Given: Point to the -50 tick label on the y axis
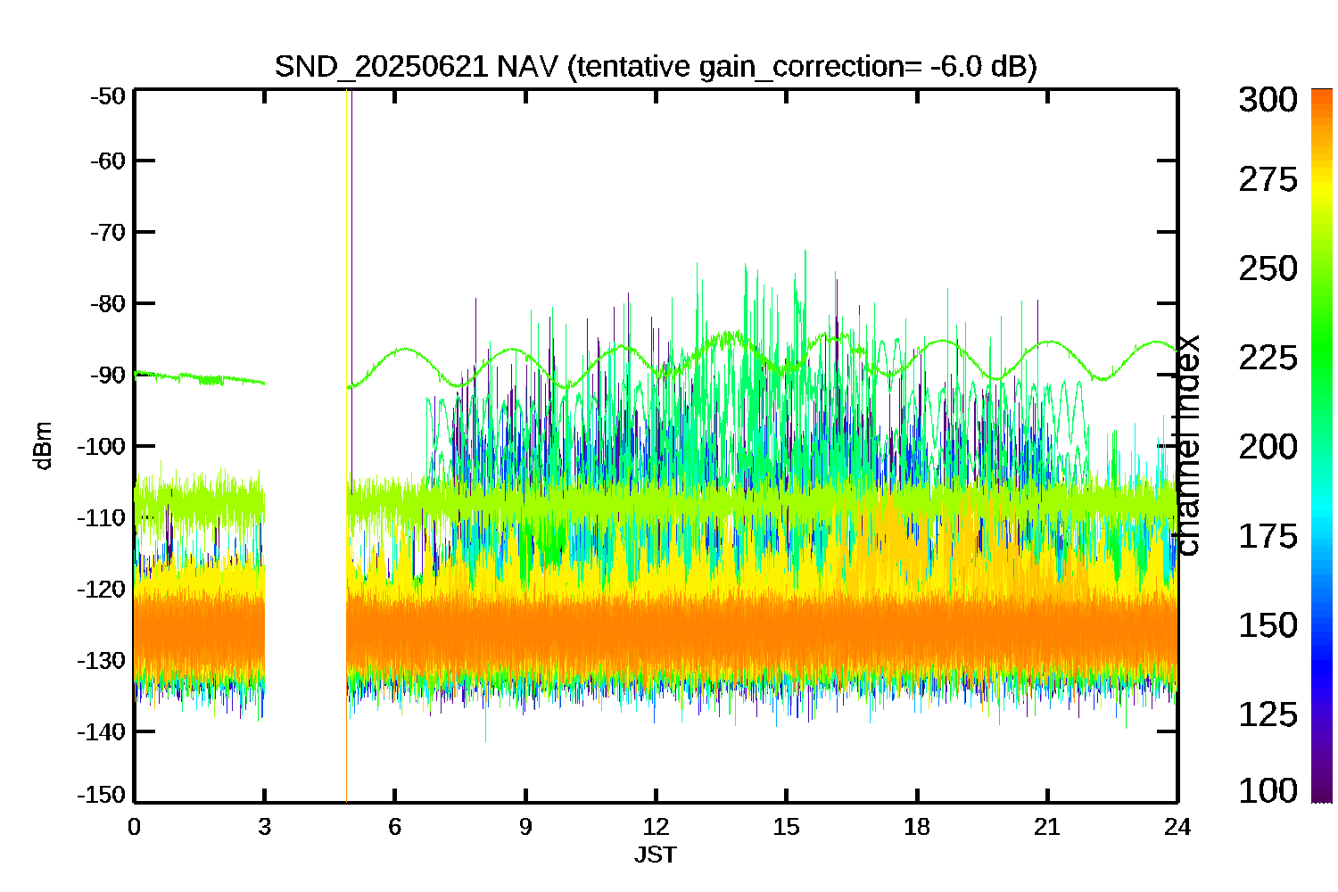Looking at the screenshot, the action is point(108,95).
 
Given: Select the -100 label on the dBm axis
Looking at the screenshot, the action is point(102,446).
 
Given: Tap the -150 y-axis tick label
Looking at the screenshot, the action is point(102,795).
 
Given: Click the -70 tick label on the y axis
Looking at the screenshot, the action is point(108,232).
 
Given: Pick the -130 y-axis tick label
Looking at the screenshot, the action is point(102,661).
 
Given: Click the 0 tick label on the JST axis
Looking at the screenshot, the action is point(135,827).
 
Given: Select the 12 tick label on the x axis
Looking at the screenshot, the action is point(656,827).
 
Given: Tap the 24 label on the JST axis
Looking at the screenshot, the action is point(1177,827).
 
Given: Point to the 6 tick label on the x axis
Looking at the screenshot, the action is point(395,827).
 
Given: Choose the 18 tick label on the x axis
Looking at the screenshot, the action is point(917,827).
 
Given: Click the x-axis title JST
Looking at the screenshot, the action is point(656,855).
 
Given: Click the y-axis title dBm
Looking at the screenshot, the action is point(44,446).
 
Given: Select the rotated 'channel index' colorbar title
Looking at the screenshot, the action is point(1187,446).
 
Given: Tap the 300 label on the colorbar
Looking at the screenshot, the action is point(1268,100).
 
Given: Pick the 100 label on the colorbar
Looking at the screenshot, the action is point(1268,790).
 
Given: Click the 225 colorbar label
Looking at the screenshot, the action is point(1268,358).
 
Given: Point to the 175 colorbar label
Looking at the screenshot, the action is point(1268,536).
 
